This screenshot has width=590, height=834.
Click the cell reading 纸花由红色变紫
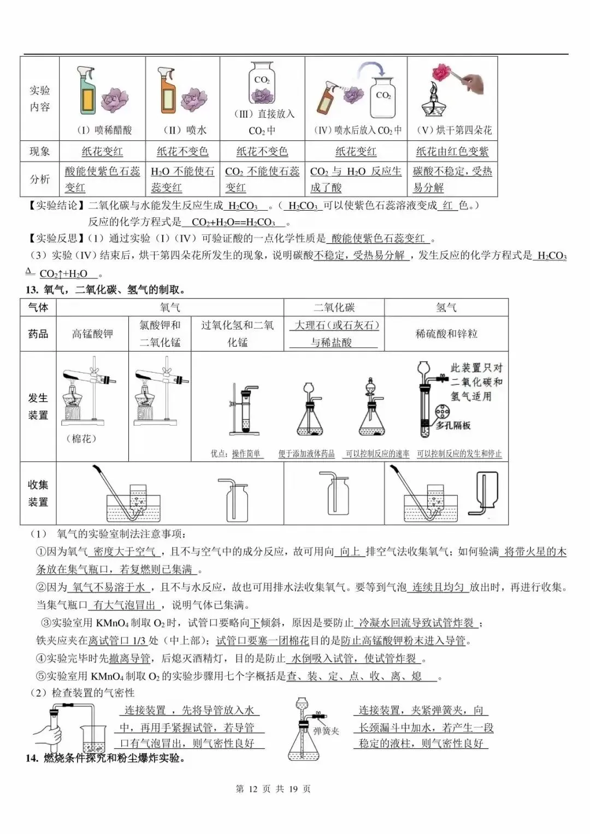[x=452, y=151]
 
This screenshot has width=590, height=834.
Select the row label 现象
[x=39, y=151]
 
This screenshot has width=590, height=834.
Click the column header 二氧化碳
[x=334, y=307]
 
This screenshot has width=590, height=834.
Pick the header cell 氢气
[x=446, y=307]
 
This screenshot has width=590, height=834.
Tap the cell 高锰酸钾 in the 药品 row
[x=92, y=333]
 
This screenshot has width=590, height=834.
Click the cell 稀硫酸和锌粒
[x=446, y=333]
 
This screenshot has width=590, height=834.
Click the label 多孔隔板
[x=453, y=425]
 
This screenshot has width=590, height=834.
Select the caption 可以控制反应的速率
[x=377, y=454]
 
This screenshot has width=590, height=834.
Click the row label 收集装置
[x=38, y=493]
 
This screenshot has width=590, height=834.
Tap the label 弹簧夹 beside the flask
[x=326, y=731]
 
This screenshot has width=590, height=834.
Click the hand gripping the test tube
[x=48, y=733]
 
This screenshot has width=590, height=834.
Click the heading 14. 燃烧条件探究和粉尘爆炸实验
[x=105, y=758]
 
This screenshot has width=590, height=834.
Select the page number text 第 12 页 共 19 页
[x=273, y=789]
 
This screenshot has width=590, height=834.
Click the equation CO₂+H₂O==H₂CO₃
[x=233, y=222]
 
